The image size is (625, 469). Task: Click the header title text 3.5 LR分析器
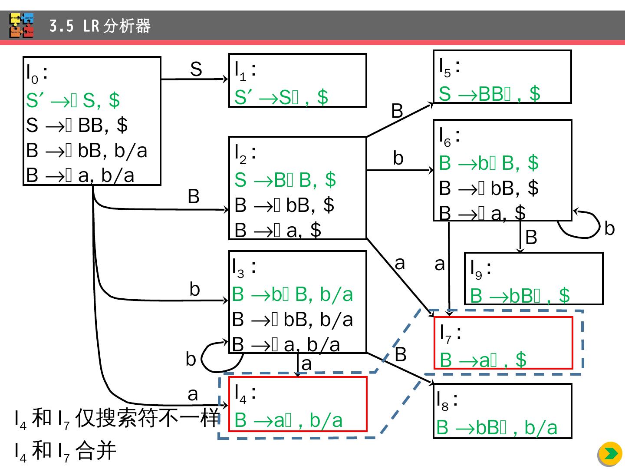[x=100, y=26]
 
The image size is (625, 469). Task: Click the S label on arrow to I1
[x=196, y=69]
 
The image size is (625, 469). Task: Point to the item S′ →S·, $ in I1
[x=281, y=97]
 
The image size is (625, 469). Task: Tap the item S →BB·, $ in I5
[x=489, y=94]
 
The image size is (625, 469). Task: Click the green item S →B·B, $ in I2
[x=285, y=180]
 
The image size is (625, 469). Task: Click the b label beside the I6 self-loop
[x=609, y=228]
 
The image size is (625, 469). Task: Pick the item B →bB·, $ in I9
[x=520, y=295]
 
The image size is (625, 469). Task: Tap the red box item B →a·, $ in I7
[x=483, y=360]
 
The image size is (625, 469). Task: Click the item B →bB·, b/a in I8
[x=497, y=428]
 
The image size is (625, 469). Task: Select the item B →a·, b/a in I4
[x=288, y=420]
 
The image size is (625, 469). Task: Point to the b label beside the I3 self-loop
[x=191, y=360]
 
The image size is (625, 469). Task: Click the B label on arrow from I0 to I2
[x=194, y=197]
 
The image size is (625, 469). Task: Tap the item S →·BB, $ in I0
[x=77, y=125]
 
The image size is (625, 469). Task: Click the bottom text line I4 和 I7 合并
[x=65, y=451]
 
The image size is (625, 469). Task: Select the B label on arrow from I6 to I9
[x=531, y=238]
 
